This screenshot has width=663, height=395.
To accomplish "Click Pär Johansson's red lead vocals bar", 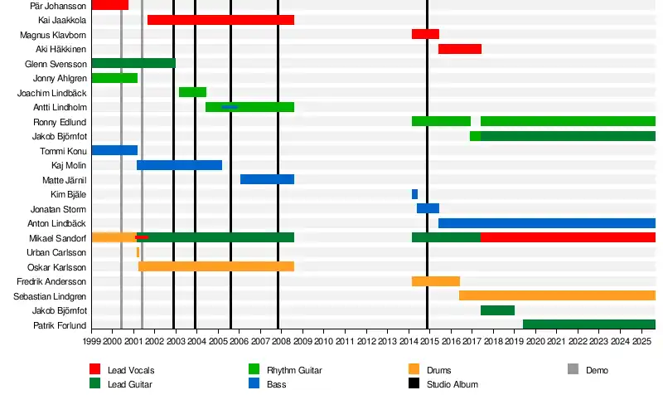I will point(109,5).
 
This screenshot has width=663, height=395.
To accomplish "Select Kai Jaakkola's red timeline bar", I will point(220,19).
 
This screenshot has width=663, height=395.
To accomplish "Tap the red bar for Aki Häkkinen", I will point(459,49).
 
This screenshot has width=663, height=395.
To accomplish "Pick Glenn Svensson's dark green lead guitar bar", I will point(133,63).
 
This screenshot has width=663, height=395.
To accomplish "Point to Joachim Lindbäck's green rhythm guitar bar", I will point(192,92).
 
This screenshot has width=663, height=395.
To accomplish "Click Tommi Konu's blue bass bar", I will point(114,150).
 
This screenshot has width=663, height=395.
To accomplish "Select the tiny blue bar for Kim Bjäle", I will point(414,194).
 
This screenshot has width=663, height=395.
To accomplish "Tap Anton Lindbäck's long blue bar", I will point(547,223).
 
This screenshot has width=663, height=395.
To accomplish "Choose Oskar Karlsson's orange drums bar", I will point(215,266).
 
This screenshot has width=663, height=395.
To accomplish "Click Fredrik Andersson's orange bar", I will point(435,281).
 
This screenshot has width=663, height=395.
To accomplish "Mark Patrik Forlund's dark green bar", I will point(588,324).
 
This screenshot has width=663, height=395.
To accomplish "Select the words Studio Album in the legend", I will point(452,384).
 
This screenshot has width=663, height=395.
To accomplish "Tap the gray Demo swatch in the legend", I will point(573,369).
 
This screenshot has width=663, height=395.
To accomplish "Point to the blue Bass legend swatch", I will point(254,384).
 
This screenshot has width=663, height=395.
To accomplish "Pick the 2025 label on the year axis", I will point(641,341).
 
